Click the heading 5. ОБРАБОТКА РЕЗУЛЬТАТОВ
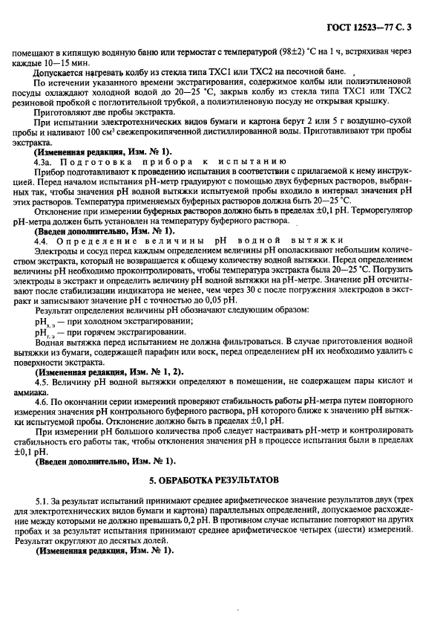218,481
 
